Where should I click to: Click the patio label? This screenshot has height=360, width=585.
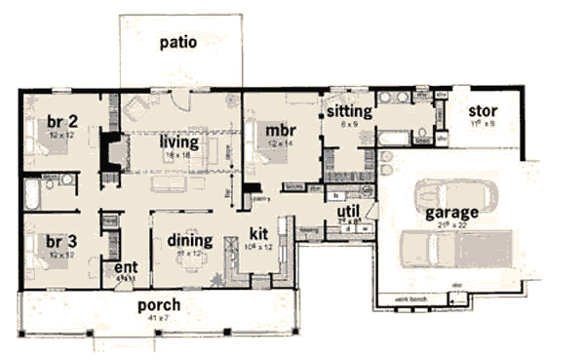coord(180,42)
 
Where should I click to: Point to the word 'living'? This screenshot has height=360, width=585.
coord(179,142)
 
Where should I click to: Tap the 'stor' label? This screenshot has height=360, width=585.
coord(484,111)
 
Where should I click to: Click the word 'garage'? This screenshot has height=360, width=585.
coord(449,213)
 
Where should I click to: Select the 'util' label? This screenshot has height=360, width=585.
coord(349,211)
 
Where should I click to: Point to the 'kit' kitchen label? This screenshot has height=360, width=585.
coord(259,235)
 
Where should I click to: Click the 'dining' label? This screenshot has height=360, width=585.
coord(183,241)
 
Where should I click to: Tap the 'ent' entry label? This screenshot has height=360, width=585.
coord(125,265)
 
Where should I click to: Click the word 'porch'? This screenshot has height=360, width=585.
coord(161,304)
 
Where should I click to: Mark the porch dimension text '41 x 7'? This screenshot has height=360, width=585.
coord(161,317)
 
